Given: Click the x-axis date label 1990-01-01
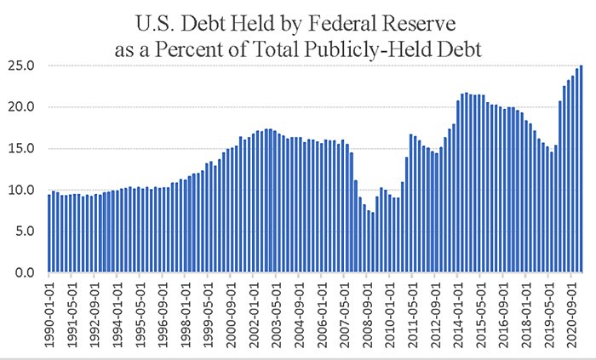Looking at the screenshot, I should pyautogui.click(x=51, y=311).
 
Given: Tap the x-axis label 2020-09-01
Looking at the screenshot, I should pyautogui.click(x=570, y=311).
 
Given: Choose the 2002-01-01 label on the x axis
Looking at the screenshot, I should pyautogui.click(x=254, y=311).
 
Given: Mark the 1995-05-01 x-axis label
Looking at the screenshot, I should pyautogui.click(x=141, y=311).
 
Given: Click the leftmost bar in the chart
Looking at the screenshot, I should pyautogui.click(x=49, y=233).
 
